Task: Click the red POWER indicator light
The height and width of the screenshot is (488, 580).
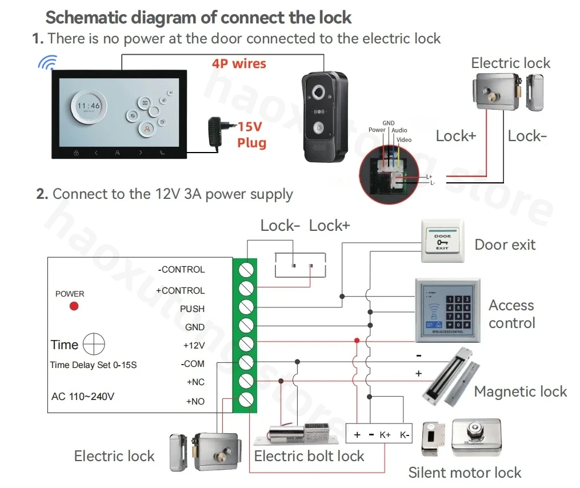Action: tap(74, 306)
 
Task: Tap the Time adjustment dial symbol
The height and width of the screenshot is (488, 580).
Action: tap(94, 345)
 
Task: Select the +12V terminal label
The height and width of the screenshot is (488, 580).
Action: tap(194, 346)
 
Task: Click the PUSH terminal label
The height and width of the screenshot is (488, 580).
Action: tap(192, 309)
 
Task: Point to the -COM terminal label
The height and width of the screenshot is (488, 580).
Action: tap(193, 364)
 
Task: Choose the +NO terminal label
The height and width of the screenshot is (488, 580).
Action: tap(195, 401)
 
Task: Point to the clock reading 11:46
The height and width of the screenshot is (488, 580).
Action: tap(89, 106)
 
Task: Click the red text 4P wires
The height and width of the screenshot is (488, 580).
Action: tap(239, 63)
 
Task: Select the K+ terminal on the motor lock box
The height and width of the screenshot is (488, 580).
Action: tap(385, 435)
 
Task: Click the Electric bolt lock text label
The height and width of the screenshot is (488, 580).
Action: tap(309, 456)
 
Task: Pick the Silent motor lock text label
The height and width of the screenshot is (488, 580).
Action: tap(465, 473)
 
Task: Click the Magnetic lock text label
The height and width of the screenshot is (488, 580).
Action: tap(520, 391)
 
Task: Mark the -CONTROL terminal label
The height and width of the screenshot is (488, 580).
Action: tap(181, 269)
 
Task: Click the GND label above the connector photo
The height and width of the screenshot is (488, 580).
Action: tap(389, 123)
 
